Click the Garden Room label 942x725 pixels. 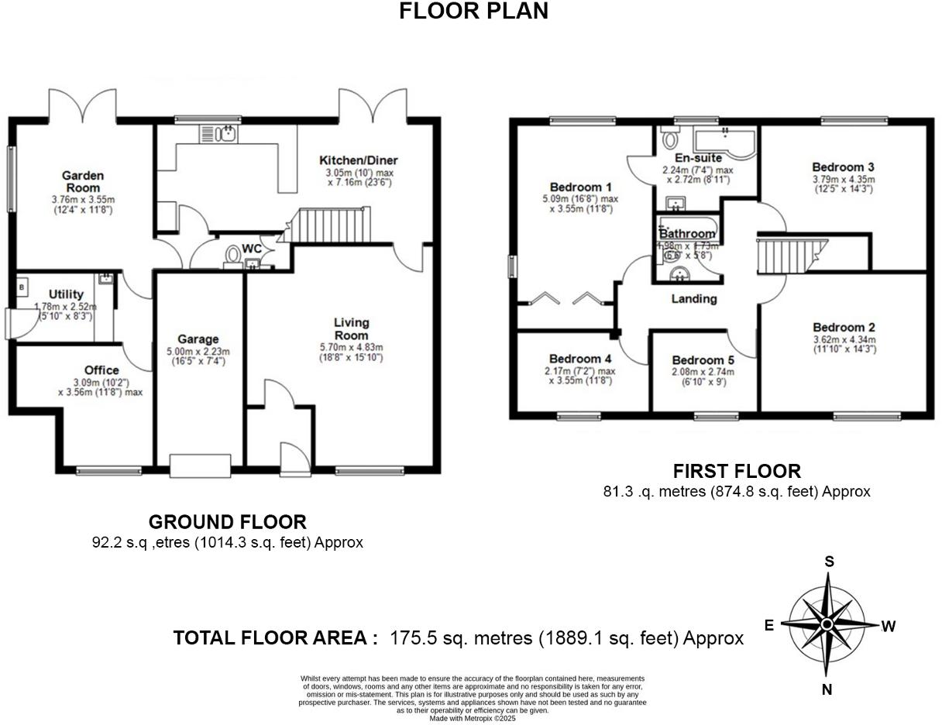(x=84, y=181)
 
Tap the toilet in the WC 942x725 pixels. (x=232, y=255)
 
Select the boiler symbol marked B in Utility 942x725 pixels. (x=22, y=287)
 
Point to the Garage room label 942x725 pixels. (x=198, y=338)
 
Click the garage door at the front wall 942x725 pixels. (x=200, y=466)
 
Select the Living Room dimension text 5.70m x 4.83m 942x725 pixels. (x=352, y=347)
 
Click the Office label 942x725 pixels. (x=101, y=370)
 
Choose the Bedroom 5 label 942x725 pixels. (x=703, y=360)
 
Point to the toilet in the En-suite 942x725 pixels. (x=669, y=142)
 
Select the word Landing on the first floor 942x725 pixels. (x=693, y=299)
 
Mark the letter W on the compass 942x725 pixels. (x=889, y=627)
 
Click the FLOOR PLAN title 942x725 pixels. (x=473, y=11)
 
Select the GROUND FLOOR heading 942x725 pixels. (x=227, y=522)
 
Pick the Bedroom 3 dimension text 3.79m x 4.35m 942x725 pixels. (x=843, y=179)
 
